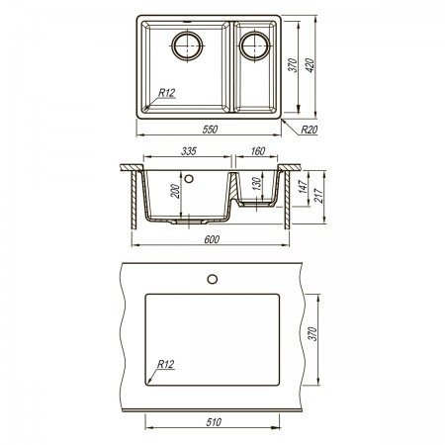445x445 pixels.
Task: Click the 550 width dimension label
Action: [210, 130]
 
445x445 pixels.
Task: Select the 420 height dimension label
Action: [311, 65]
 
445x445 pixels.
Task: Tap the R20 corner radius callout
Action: [309, 130]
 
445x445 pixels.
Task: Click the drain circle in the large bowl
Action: [187, 45]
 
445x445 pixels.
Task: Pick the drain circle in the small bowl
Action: [255, 45]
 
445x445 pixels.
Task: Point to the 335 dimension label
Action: [189, 151]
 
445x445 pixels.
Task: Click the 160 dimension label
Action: [257, 151]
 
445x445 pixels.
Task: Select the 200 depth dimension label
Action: [176, 191]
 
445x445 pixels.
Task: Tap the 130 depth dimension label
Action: [256, 184]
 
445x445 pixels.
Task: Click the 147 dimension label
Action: [304, 186]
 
